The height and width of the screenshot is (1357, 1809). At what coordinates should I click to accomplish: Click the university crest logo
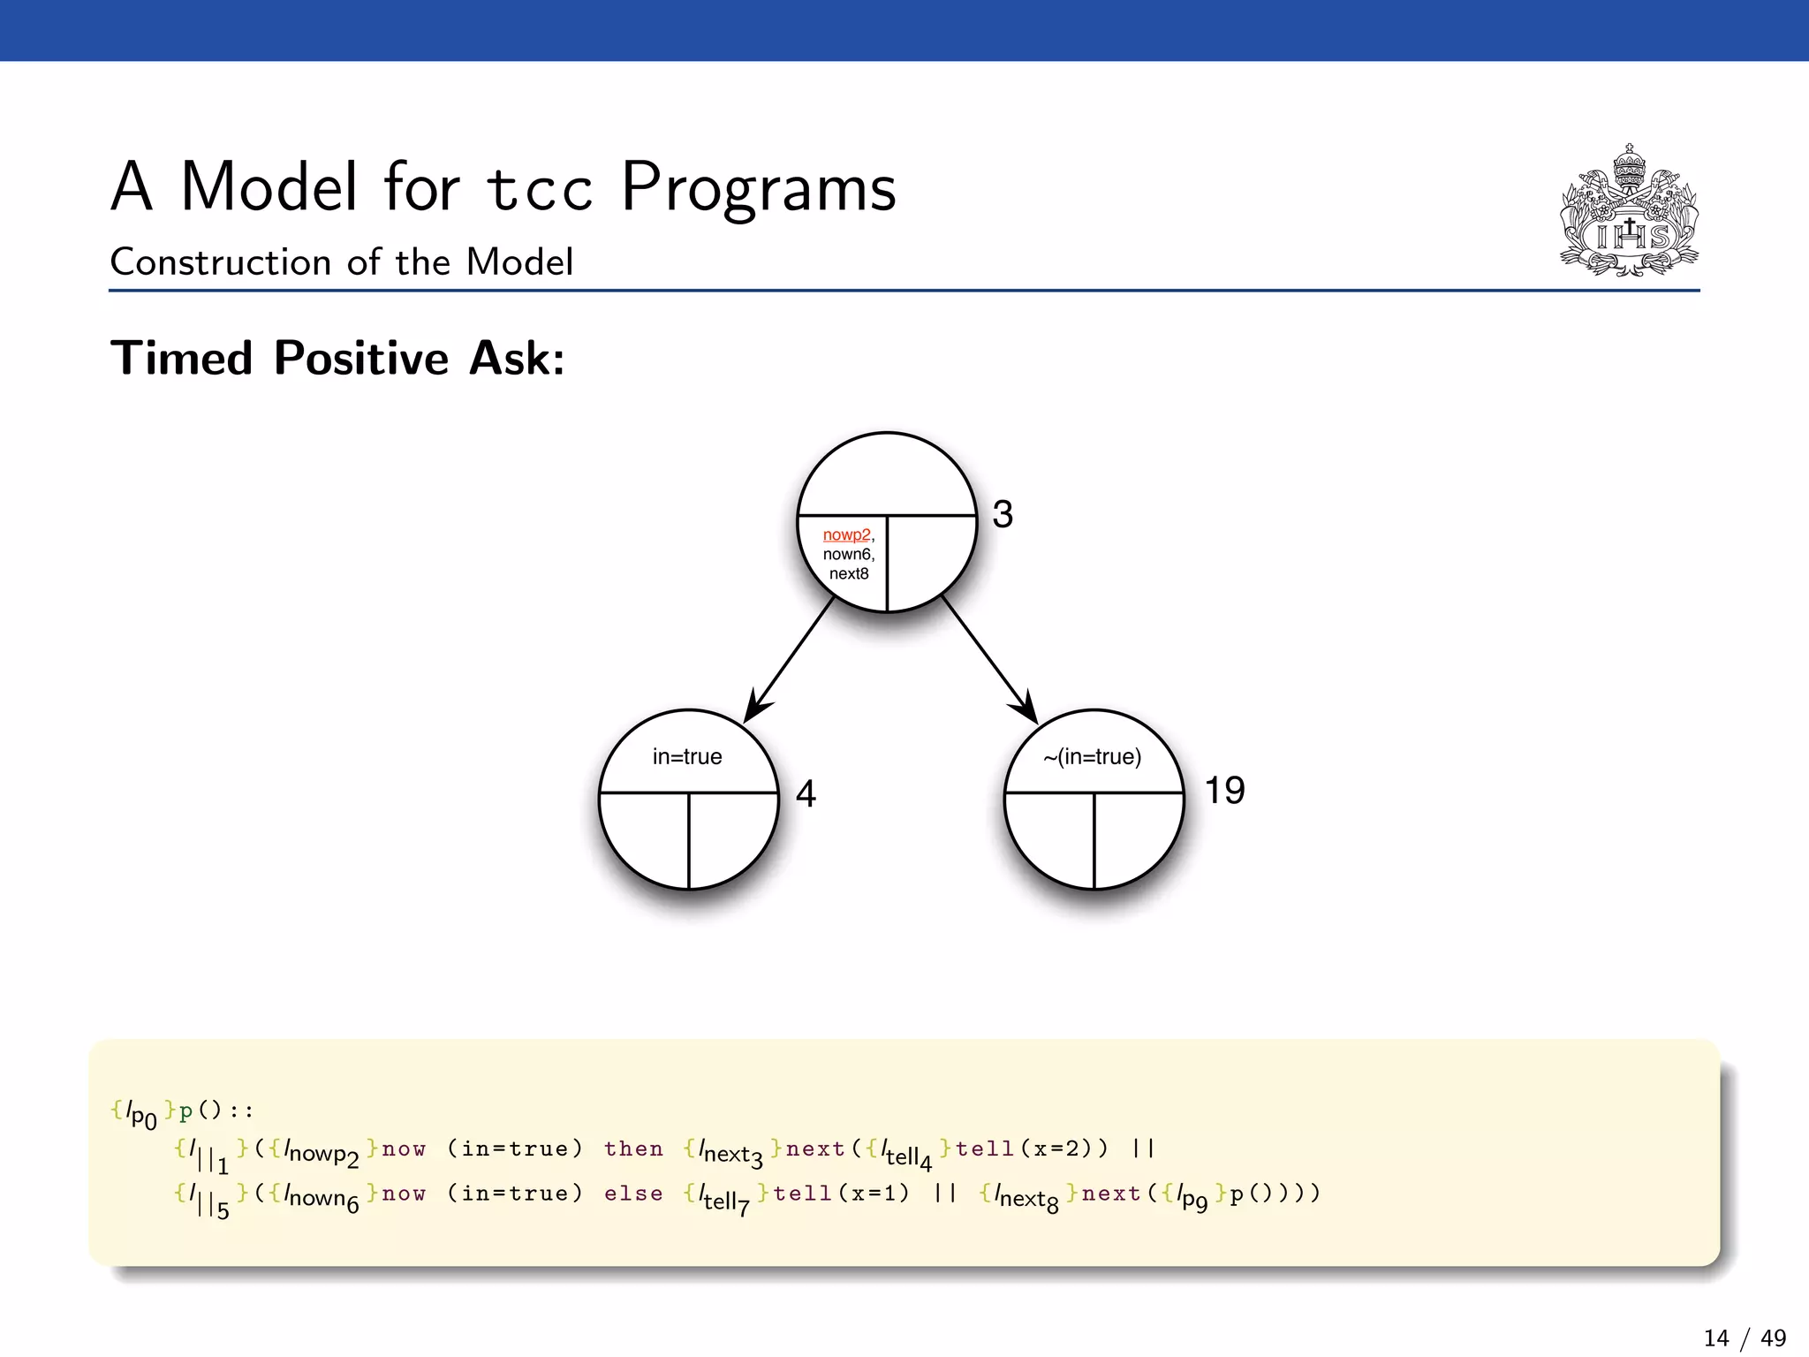(1630, 212)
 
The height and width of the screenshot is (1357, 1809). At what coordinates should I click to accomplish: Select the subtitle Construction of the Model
(341, 262)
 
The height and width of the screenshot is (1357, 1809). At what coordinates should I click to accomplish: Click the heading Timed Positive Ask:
(337, 359)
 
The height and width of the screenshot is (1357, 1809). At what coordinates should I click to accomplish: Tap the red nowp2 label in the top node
(846, 535)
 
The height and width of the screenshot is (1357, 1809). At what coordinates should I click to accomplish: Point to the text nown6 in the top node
(847, 555)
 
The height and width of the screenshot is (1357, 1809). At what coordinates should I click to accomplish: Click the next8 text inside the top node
(849, 574)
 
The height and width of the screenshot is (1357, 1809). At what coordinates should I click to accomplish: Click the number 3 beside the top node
(1003, 515)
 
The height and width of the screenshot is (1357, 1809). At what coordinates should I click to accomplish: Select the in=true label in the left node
(687, 757)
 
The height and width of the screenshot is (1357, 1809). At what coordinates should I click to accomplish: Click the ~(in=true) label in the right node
(1092, 757)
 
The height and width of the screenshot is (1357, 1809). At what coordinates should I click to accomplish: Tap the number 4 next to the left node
(806, 794)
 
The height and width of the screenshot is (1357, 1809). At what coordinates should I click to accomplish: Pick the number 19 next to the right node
(1224, 791)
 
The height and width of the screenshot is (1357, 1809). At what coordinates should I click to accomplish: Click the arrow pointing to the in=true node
(791, 660)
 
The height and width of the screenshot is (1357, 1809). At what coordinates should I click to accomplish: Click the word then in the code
(633, 1149)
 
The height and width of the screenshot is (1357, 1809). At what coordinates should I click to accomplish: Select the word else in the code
(633, 1194)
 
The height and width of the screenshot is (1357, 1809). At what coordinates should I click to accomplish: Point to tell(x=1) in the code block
(841, 1194)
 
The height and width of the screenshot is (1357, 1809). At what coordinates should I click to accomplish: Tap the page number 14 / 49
(1745, 1338)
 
